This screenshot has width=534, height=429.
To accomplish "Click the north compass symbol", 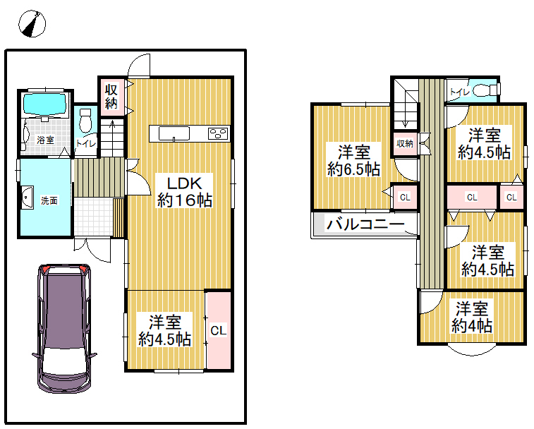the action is click(32, 23).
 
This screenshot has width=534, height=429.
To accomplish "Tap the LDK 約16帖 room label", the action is click(185, 192).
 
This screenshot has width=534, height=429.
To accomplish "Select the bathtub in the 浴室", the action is click(44, 104).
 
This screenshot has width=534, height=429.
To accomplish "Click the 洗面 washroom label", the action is click(49, 200).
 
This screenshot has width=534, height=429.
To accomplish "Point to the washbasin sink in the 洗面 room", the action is click(27, 198).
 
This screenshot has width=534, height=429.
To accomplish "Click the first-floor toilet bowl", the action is click(85, 120).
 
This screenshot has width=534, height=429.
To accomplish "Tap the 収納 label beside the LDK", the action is click(111, 97).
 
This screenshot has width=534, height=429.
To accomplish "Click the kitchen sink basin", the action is click(174, 133).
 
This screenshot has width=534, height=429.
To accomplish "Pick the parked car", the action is click(64, 328).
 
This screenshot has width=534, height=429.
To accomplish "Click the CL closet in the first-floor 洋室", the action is click(219, 330).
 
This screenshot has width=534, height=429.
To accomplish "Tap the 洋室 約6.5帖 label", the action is click(354, 160).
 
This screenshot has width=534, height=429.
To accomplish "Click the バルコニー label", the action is click(365, 224).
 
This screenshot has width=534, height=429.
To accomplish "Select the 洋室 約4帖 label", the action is click(472, 318).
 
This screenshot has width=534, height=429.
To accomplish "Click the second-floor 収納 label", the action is click(405, 143).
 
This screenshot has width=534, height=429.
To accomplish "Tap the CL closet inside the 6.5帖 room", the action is click(405, 197).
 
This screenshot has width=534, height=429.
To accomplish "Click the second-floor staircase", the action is click(406, 104).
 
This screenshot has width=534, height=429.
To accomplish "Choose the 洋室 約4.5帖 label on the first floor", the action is click(164, 331).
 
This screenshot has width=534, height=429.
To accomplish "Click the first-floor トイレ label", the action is click(85, 143).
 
